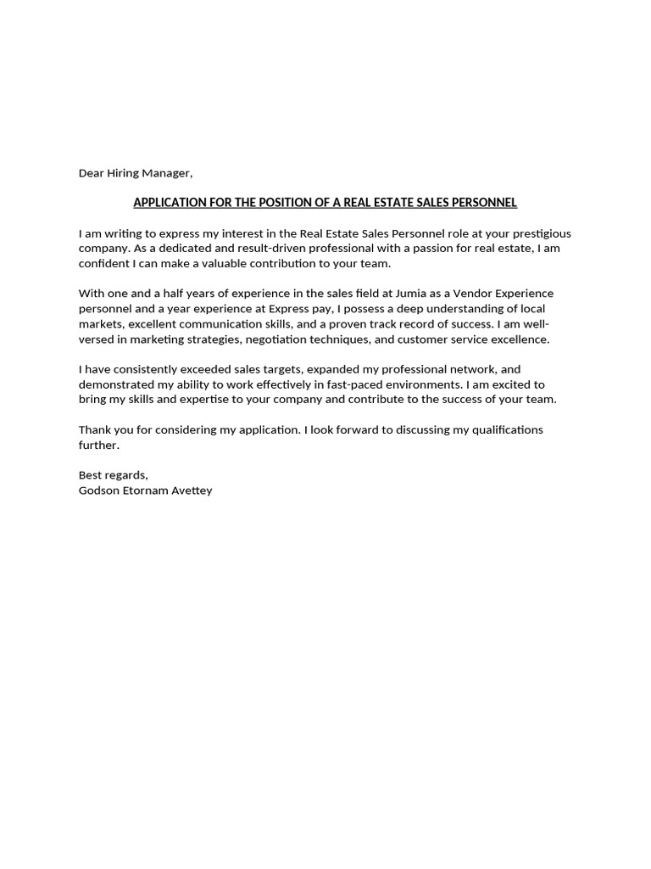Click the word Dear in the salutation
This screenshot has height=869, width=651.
click(92, 173)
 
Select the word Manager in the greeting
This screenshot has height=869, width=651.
click(169, 173)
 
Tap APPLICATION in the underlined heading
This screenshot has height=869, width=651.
click(170, 203)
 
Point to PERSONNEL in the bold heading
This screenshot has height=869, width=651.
click(485, 203)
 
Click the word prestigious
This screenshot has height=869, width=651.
click(540, 233)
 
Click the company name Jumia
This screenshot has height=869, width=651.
click(412, 294)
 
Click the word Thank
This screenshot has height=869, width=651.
click(94, 430)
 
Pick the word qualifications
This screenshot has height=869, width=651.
click(498, 430)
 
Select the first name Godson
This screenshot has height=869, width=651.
click(98, 491)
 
